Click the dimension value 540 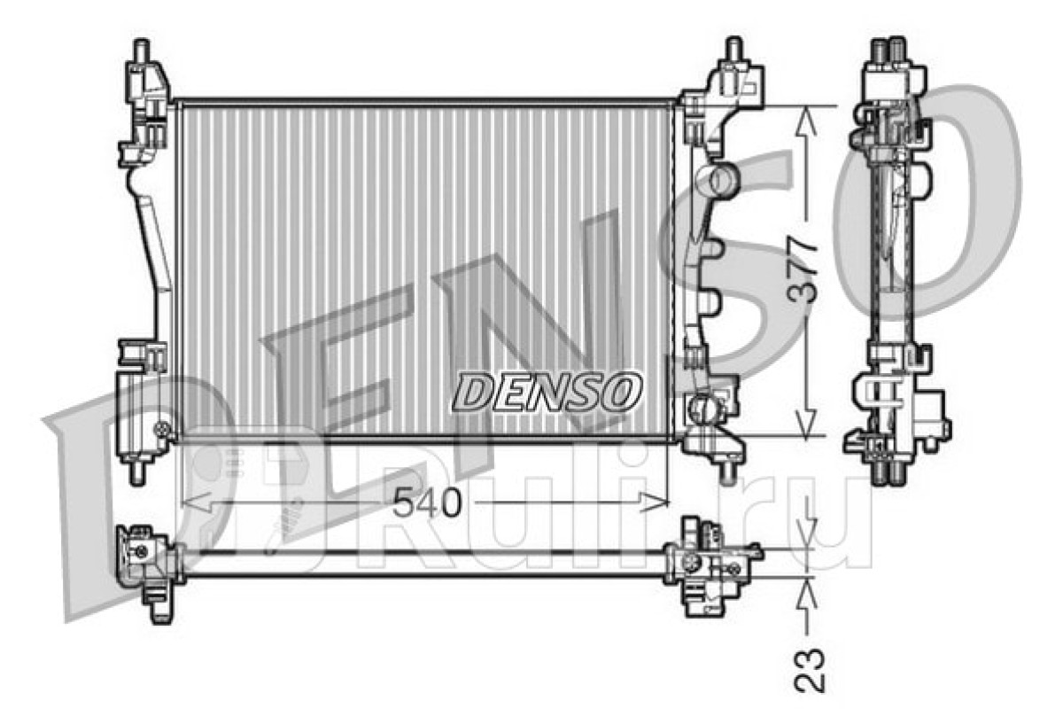427,503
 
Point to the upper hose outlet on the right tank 717,181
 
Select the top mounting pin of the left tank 142,51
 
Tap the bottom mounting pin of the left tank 137,472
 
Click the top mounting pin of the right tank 733,49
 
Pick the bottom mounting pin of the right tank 726,471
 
